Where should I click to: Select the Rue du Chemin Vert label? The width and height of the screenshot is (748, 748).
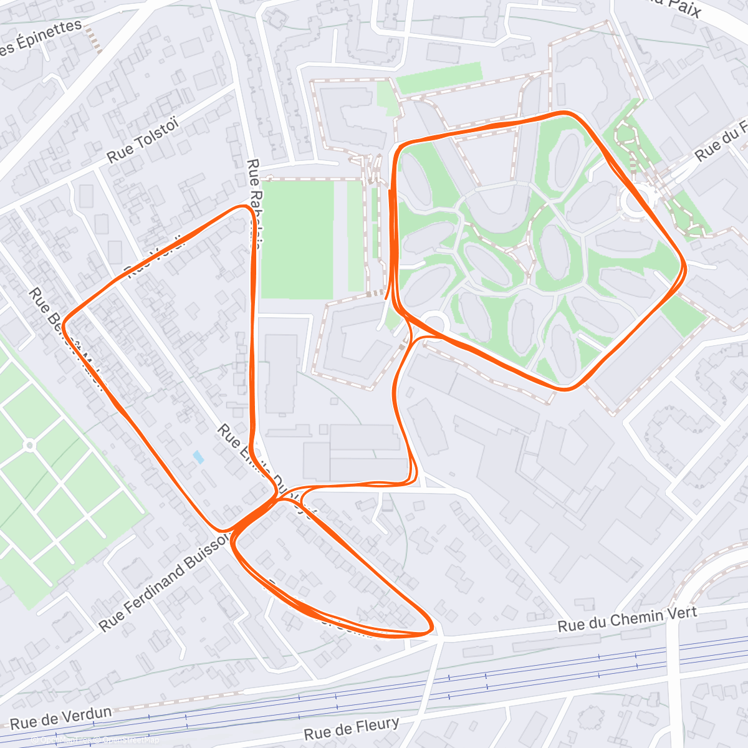[627, 618]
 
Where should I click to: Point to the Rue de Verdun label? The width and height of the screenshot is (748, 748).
[61, 717]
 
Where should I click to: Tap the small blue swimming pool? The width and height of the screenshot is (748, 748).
[198, 457]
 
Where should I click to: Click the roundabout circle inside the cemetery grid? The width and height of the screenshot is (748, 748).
[29, 445]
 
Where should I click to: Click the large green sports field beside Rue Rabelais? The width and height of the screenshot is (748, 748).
[297, 237]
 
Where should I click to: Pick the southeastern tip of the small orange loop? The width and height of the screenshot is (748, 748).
[429, 630]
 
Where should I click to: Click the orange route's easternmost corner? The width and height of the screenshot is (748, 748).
[684, 268]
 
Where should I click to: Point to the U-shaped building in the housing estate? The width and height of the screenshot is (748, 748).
[496, 212]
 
